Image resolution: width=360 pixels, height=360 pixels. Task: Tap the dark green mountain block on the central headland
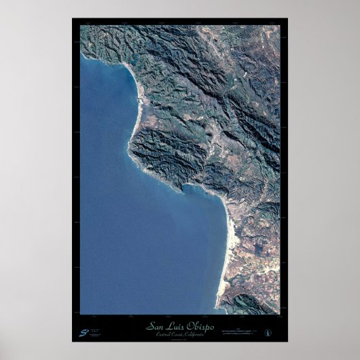163,149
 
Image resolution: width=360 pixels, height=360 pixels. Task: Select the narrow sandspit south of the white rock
137,115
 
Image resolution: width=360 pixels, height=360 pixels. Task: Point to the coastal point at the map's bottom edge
221,309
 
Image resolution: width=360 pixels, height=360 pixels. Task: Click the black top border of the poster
180,22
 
